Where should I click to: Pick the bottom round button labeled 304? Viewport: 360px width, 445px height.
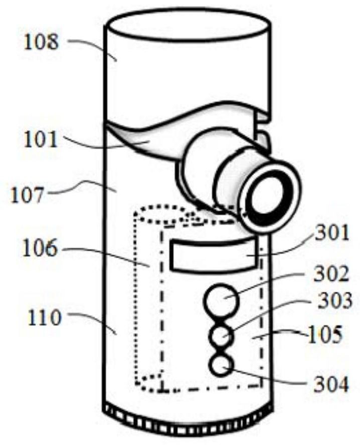(221, 367)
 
